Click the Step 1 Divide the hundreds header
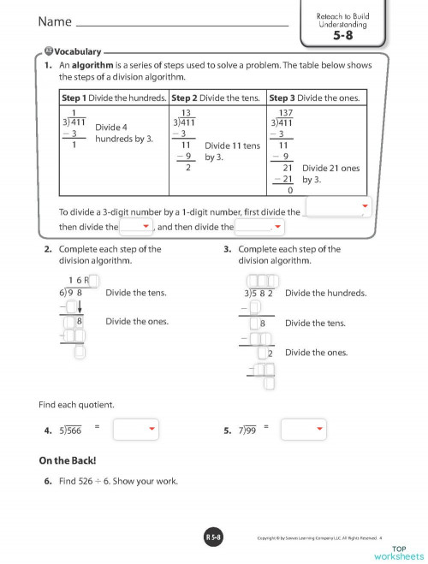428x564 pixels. click(114, 98)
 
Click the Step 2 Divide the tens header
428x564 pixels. click(218, 98)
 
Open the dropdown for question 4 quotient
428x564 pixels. click(136, 429)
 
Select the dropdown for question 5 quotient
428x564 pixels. click(304, 429)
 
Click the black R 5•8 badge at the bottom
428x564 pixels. click(213, 537)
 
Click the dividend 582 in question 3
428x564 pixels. click(263, 294)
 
